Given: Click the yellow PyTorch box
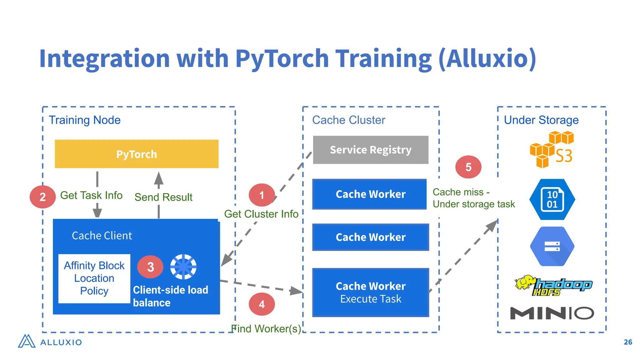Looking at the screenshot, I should (136, 154).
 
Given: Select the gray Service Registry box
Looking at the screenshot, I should (371, 150).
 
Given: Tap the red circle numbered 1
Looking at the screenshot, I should (262, 195).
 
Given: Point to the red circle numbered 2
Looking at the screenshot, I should (42, 197).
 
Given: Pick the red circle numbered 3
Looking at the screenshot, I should (150, 267).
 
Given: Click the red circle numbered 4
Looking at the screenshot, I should (262, 304).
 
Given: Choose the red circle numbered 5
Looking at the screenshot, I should (468, 167).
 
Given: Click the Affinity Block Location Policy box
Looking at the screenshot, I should (94, 278).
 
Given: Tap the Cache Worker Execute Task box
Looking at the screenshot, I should (371, 292).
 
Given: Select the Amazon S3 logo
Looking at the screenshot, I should (552, 150).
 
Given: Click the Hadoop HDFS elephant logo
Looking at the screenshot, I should (553, 285).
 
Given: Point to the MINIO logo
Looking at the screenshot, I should (552, 313).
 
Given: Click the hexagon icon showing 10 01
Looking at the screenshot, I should (552, 199).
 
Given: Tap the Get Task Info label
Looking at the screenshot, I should (91, 195).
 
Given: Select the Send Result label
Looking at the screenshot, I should (163, 197).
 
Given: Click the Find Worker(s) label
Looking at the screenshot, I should (266, 329).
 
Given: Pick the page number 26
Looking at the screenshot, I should (628, 342).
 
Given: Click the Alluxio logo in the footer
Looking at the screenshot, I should (50, 342).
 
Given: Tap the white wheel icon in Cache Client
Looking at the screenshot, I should (183, 267).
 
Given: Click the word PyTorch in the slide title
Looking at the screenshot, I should (282, 58).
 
